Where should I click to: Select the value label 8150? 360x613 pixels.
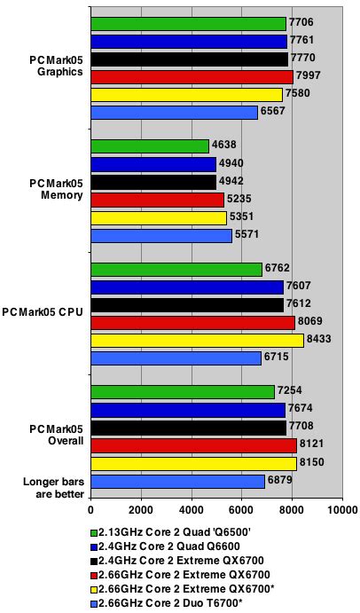(x=313, y=463)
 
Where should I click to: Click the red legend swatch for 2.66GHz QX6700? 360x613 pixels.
(x=94, y=576)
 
